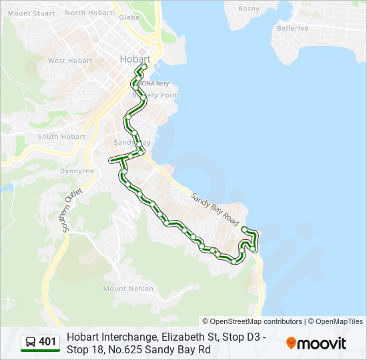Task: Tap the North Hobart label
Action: click(89, 13)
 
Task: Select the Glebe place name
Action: click(129, 17)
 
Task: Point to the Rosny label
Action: click(248, 9)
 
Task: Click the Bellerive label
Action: click(293, 28)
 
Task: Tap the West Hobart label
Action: click(70, 61)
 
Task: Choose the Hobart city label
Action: click(135, 59)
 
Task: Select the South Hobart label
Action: click(61, 137)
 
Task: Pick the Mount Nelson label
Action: click(128, 289)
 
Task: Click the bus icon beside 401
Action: click(31, 343)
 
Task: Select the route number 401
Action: click(47, 343)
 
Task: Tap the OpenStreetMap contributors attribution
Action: click(252, 321)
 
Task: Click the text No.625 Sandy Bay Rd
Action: click(162, 349)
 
